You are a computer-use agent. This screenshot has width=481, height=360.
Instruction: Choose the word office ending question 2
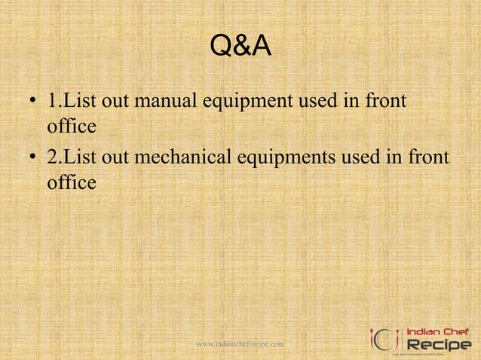72,182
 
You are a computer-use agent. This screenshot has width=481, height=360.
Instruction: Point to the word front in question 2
427,157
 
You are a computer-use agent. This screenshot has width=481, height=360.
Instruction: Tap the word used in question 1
323,99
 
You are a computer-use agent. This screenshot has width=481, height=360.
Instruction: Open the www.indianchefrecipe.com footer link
240,344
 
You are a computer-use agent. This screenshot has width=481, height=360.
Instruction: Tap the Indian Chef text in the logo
437,331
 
